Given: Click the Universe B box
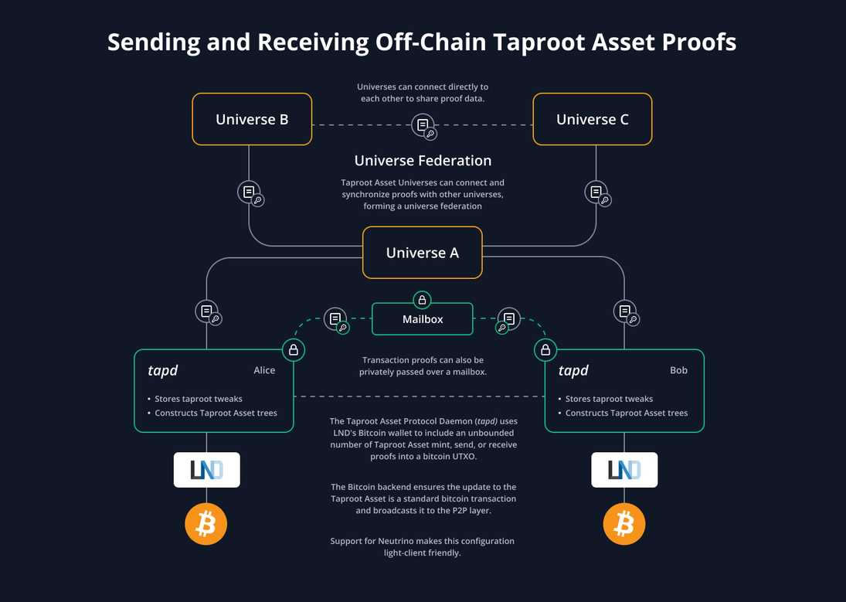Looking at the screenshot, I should click(x=252, y=119).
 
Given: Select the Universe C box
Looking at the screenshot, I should click(x=592, y=119).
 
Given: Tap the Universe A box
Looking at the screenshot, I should click(x=422, y=253).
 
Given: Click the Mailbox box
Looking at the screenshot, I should click(x=423, y=318).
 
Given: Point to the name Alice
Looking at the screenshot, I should click(x=264, y=370).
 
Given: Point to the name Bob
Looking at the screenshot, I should click(x=678, y=370).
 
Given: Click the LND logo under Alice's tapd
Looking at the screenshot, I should click(x=206, y=470).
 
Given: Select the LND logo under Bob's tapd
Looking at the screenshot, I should click(x=624, y=470).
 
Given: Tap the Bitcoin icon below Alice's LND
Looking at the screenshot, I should click(x=206, y=525).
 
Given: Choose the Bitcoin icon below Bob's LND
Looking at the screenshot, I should click(x=624, y=525).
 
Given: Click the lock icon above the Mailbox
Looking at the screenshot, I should click(x=422, y=301).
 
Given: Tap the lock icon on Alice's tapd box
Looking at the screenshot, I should click(x=294, y=350).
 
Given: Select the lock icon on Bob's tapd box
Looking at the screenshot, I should click(x=545, y=350).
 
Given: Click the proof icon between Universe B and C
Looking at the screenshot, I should click(x=423, y=125).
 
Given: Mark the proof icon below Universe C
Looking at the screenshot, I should click(x=597, y=192).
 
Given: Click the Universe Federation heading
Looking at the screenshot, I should click(x=423, y=161).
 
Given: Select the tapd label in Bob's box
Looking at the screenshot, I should click(x=573, y=371).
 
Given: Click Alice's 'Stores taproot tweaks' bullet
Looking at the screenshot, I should click(x=199, y=399).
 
